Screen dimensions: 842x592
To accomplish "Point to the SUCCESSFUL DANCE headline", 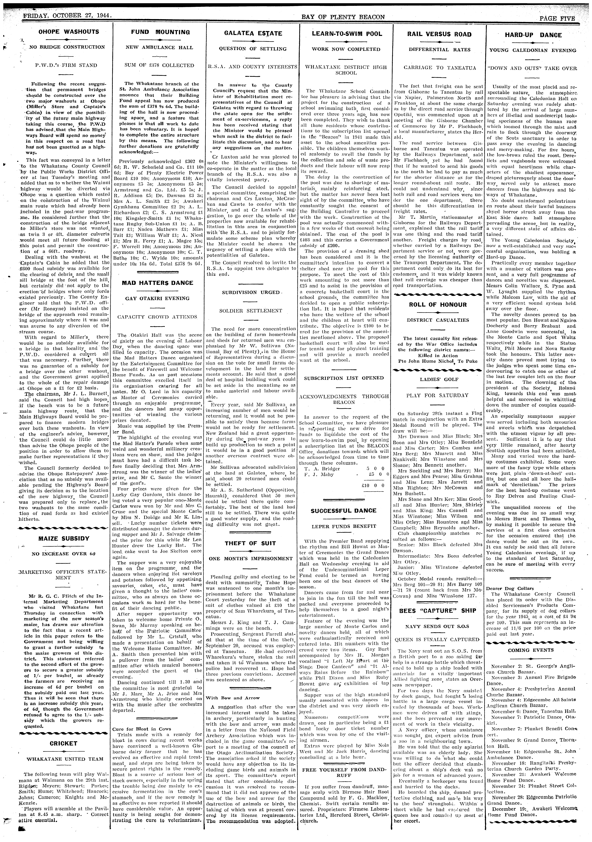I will tap(343, 510).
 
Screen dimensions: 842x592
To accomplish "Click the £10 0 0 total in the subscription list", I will tap(372, 485).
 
